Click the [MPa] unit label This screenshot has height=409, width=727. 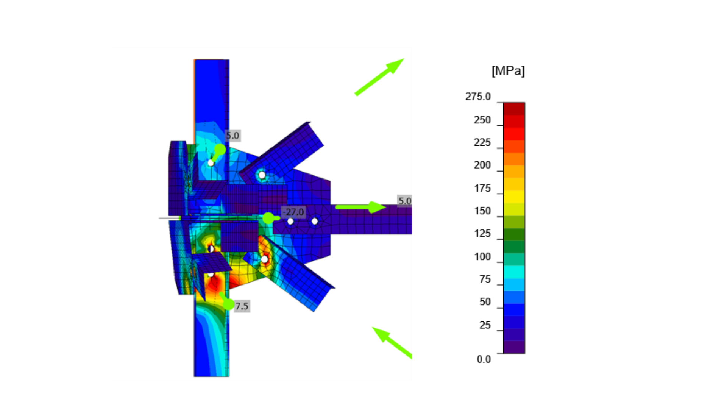tap(508, 71)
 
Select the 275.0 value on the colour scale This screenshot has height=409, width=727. tap(478, 97)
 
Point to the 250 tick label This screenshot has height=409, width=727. tap(482, 120)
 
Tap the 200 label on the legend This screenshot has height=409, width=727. tap(482, 165)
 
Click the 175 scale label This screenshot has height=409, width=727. tap(482, 188)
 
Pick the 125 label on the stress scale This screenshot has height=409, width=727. tap(482, 233)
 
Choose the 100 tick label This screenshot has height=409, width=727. tap(482, 257)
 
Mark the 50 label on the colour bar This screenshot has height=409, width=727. tap(485, 302)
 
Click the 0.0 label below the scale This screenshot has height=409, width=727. tap(484, 359)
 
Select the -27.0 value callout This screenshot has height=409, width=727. tap(293, 212)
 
